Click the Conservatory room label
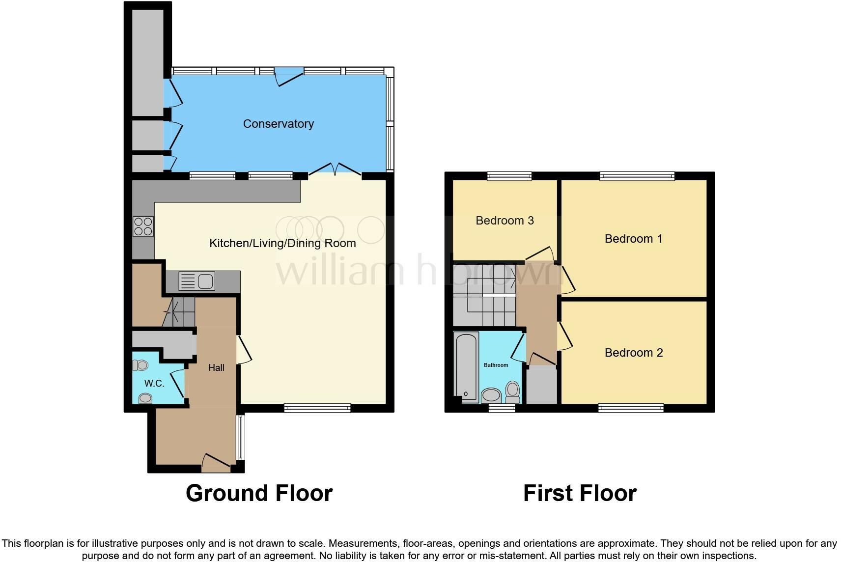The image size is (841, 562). pyautogui.click(x=278, y=124)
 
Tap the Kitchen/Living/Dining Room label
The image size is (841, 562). pyautogui.click(x=282, y=243)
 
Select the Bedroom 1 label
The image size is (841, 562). pyautogui.click(x=633, y=239)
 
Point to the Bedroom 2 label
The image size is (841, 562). pyautogui.click(x=634, y=353)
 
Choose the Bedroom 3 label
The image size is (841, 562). pyautogui.click(x=505, y=221)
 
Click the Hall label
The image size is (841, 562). pyautogui.click(x=216, y=368)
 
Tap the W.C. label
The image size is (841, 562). pyautogui.click(x=154, y=384)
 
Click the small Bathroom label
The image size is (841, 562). pyautogui.click(x=496, y=365)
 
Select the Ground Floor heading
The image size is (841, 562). pyautogui.click(x=259, y=493)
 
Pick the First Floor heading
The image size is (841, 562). pyautogui.click(x=580, y=493)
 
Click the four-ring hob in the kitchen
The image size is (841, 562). pyautogui.click(x=143, y=226)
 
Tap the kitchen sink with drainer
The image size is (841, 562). pyautogui.click(x=196, y=281)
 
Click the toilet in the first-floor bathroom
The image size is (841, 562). pyautogui.click(x=512, y=392)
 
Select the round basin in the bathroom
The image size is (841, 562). pyautogui.click(x=491, y=395)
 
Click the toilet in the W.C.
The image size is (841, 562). pyautogui.click(x=140, y=365)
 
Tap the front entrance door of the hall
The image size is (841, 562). pyautogui.click(x=216, y=463)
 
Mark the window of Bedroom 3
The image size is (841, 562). pyautogui.click(x=509, y=176)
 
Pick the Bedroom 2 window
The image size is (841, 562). pyautogui.click(x=631, y=408)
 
